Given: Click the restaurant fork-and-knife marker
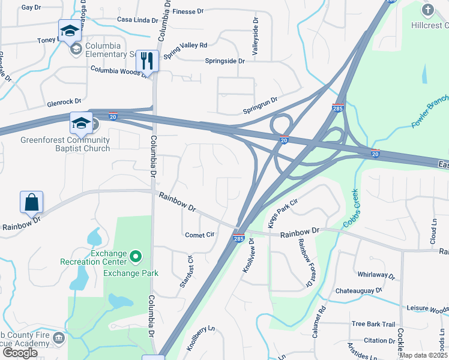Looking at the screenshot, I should tap(146, 60).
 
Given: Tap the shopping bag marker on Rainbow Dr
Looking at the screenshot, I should tap(31, 202).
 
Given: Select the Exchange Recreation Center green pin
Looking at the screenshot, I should tap(136, 257).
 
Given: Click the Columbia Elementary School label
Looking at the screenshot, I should tap(111, 50).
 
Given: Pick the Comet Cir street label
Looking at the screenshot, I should tap(199, 235).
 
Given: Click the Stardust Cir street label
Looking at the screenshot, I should tap(185, 272).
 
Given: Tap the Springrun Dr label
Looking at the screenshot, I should tap(260, 106).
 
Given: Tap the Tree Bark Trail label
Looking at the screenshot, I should tap(373, 324).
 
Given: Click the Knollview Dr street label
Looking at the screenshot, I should tap(249, 256).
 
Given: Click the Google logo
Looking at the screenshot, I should tap(20, 353).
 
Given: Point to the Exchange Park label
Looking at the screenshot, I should tap(131, 273).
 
